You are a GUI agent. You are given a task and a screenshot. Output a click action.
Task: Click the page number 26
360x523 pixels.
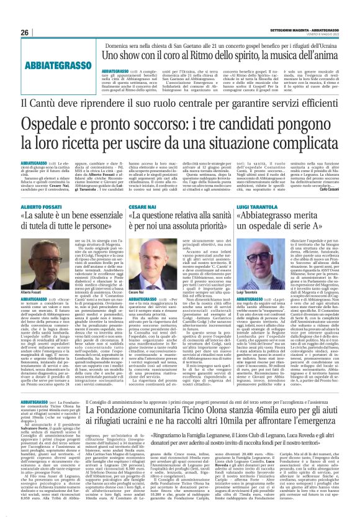click(x=24, y=32)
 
